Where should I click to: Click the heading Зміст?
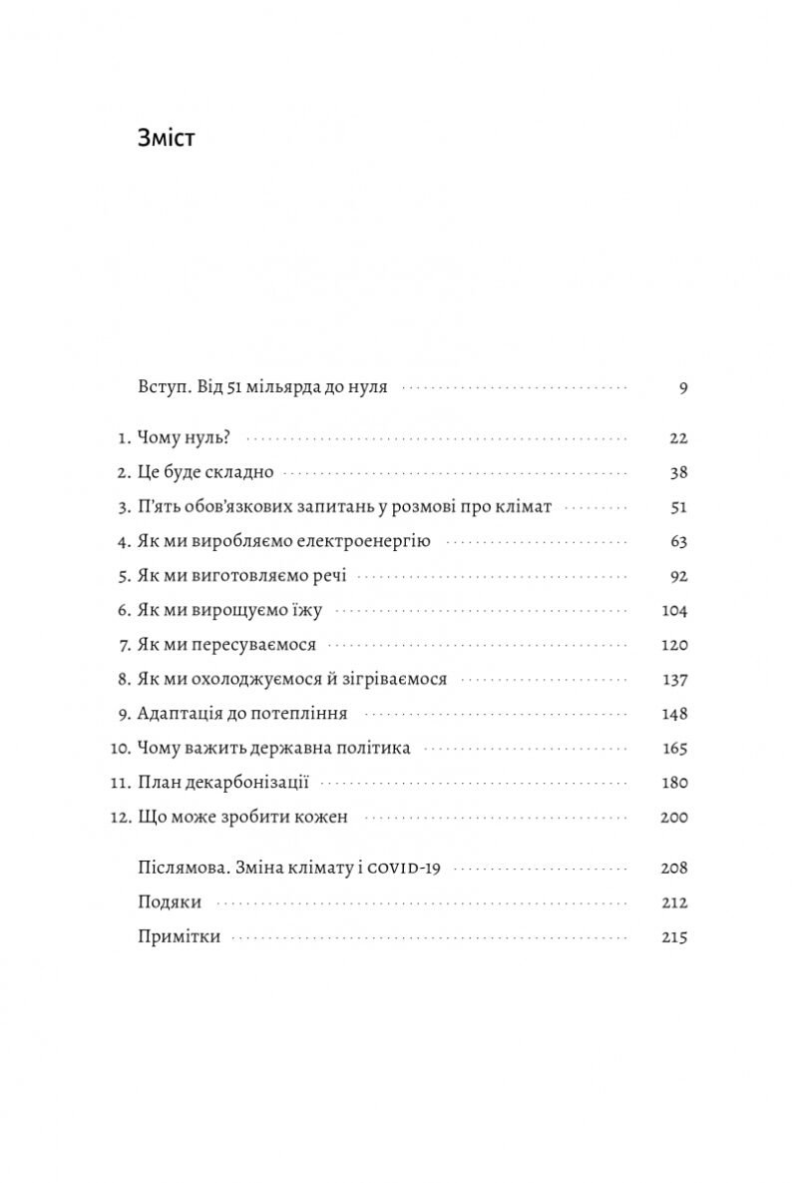[166, 138]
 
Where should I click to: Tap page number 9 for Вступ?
[683, 387]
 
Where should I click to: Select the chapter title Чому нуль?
[185, 438]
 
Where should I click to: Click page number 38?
[678, 472]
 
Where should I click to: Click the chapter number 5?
[124, 576]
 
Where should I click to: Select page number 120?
[674, 645]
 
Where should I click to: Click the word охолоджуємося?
[253, 679]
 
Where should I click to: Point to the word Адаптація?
[180, 714]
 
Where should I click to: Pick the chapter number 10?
[120, 748]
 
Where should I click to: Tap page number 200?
[674, 817]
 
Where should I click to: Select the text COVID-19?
[404, 869]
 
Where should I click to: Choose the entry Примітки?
[180, 937]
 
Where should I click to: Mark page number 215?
[674, 937]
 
